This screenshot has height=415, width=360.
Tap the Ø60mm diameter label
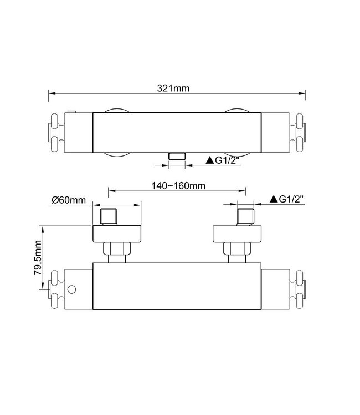click(68, 200)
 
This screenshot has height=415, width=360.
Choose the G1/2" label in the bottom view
click(293, 199)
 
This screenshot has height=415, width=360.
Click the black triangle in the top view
click(210, 160)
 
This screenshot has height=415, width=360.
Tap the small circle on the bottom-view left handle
click(72, 289)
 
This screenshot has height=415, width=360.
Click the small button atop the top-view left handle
click(71, 113)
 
